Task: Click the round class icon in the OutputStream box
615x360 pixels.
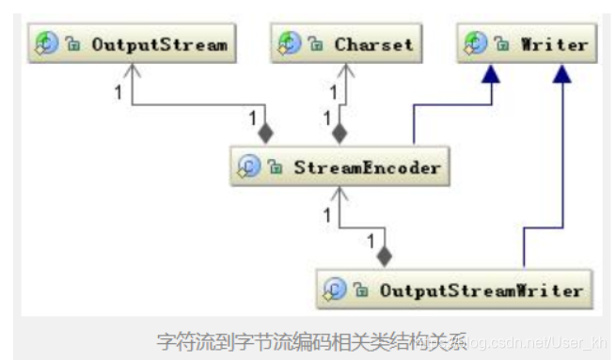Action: (47, 45)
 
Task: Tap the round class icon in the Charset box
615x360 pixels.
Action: (290, 45)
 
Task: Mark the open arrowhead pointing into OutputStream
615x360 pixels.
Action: (132, 70)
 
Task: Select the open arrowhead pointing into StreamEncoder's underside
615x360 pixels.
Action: (339, 195)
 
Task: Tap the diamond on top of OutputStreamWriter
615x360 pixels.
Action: (383, 255)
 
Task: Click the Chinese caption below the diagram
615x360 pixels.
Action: (301, 341)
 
